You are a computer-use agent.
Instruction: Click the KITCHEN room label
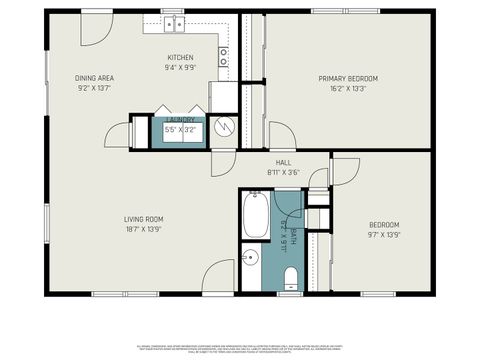pos(180,58)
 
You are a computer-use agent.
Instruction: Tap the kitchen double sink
pos(173,23)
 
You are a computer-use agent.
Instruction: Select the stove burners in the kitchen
pos(224,55)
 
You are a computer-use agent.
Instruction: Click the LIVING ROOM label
pos(143,219)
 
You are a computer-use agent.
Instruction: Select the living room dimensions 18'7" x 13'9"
pos(143,229)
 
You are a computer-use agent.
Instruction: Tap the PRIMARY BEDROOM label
pos(348,78)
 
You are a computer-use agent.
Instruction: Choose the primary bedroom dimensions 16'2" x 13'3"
pos(348,88)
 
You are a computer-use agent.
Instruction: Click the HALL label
pos(283,162)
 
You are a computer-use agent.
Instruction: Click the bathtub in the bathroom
pos(255,216)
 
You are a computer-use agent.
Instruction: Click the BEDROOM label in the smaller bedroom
pos(384,224)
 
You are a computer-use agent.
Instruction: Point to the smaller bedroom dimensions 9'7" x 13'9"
pos(384,234)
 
